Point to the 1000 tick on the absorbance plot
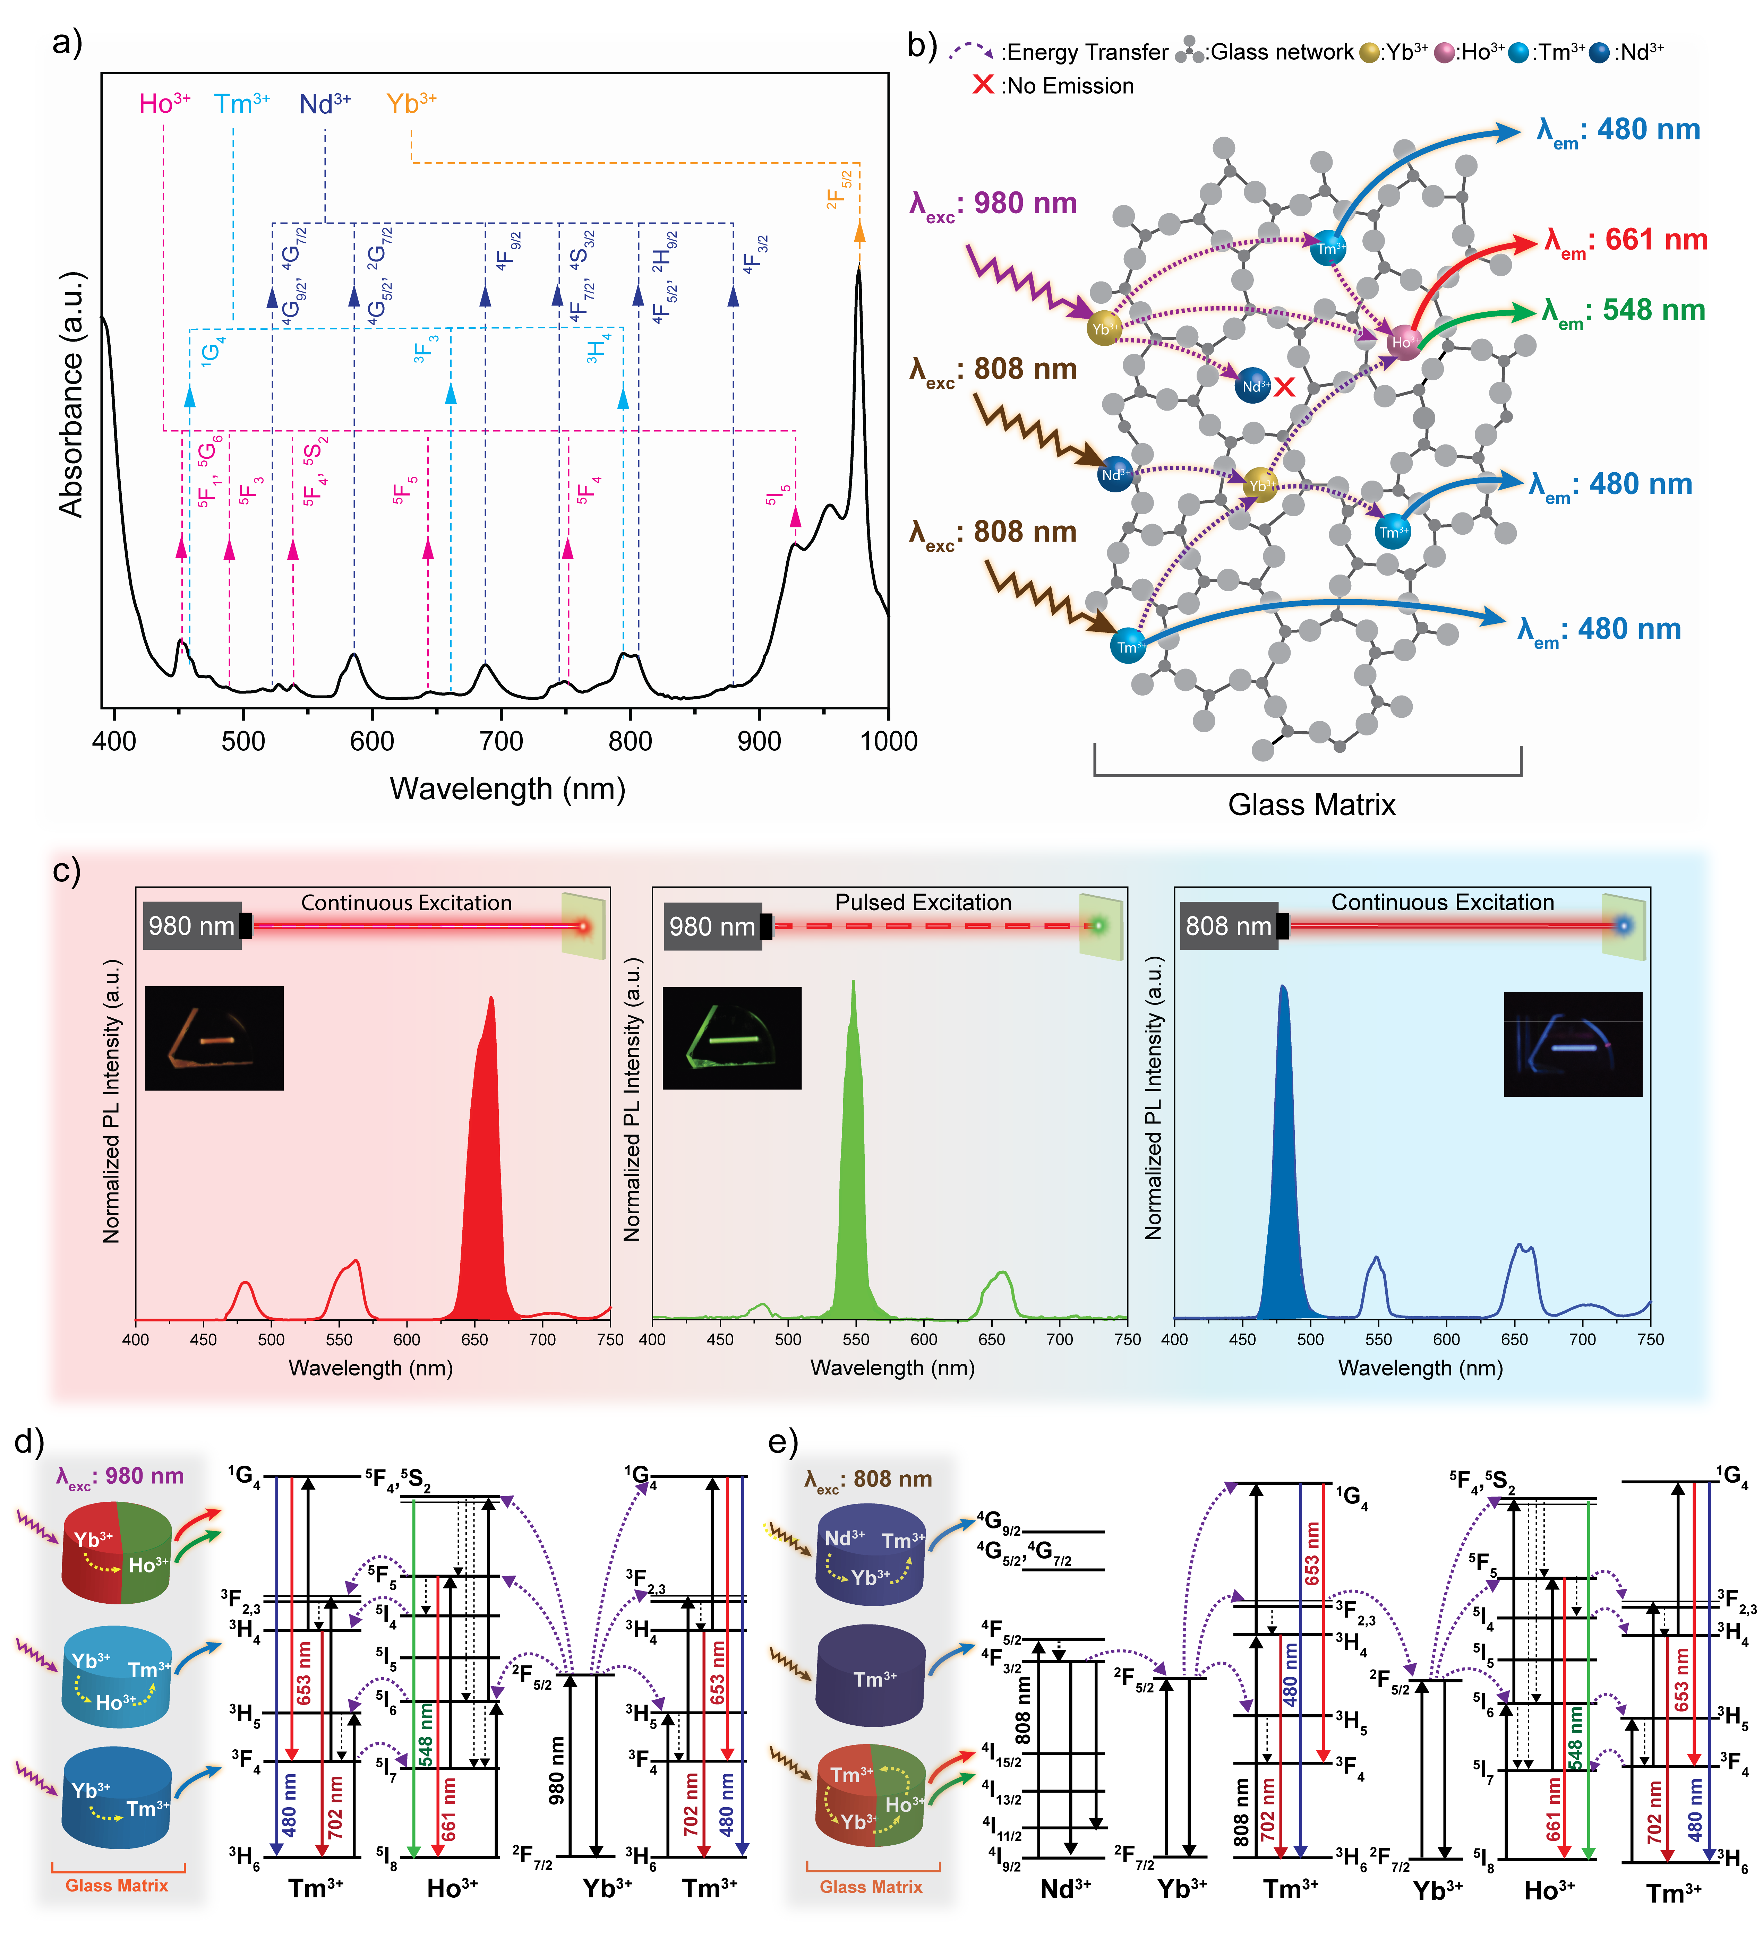point(887,741)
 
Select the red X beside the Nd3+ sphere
point(1284,388)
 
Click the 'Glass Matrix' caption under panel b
point(1311,804)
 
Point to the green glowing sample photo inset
point(731,1037)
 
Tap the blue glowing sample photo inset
point(1573,1044)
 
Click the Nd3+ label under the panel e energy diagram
point(1065,1888)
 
